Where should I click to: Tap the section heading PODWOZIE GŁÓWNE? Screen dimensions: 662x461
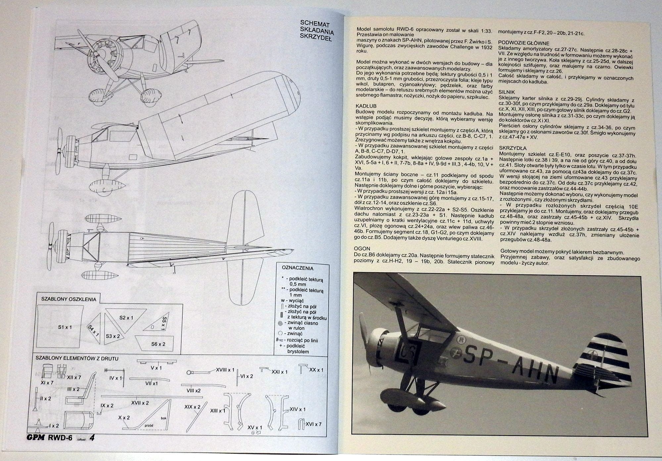(524, 43)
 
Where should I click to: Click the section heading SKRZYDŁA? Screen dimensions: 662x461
(513, 148)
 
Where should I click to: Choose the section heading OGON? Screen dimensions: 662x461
(362, 249)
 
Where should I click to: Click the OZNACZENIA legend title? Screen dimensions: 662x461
(297, 268)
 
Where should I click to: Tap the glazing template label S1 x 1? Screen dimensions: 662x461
(65, 327)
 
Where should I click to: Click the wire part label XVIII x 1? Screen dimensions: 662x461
(225, 370)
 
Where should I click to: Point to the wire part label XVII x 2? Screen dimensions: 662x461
(140, 403)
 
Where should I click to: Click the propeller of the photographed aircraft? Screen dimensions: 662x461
(368, 334)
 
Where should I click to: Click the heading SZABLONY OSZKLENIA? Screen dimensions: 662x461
(69, 299)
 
